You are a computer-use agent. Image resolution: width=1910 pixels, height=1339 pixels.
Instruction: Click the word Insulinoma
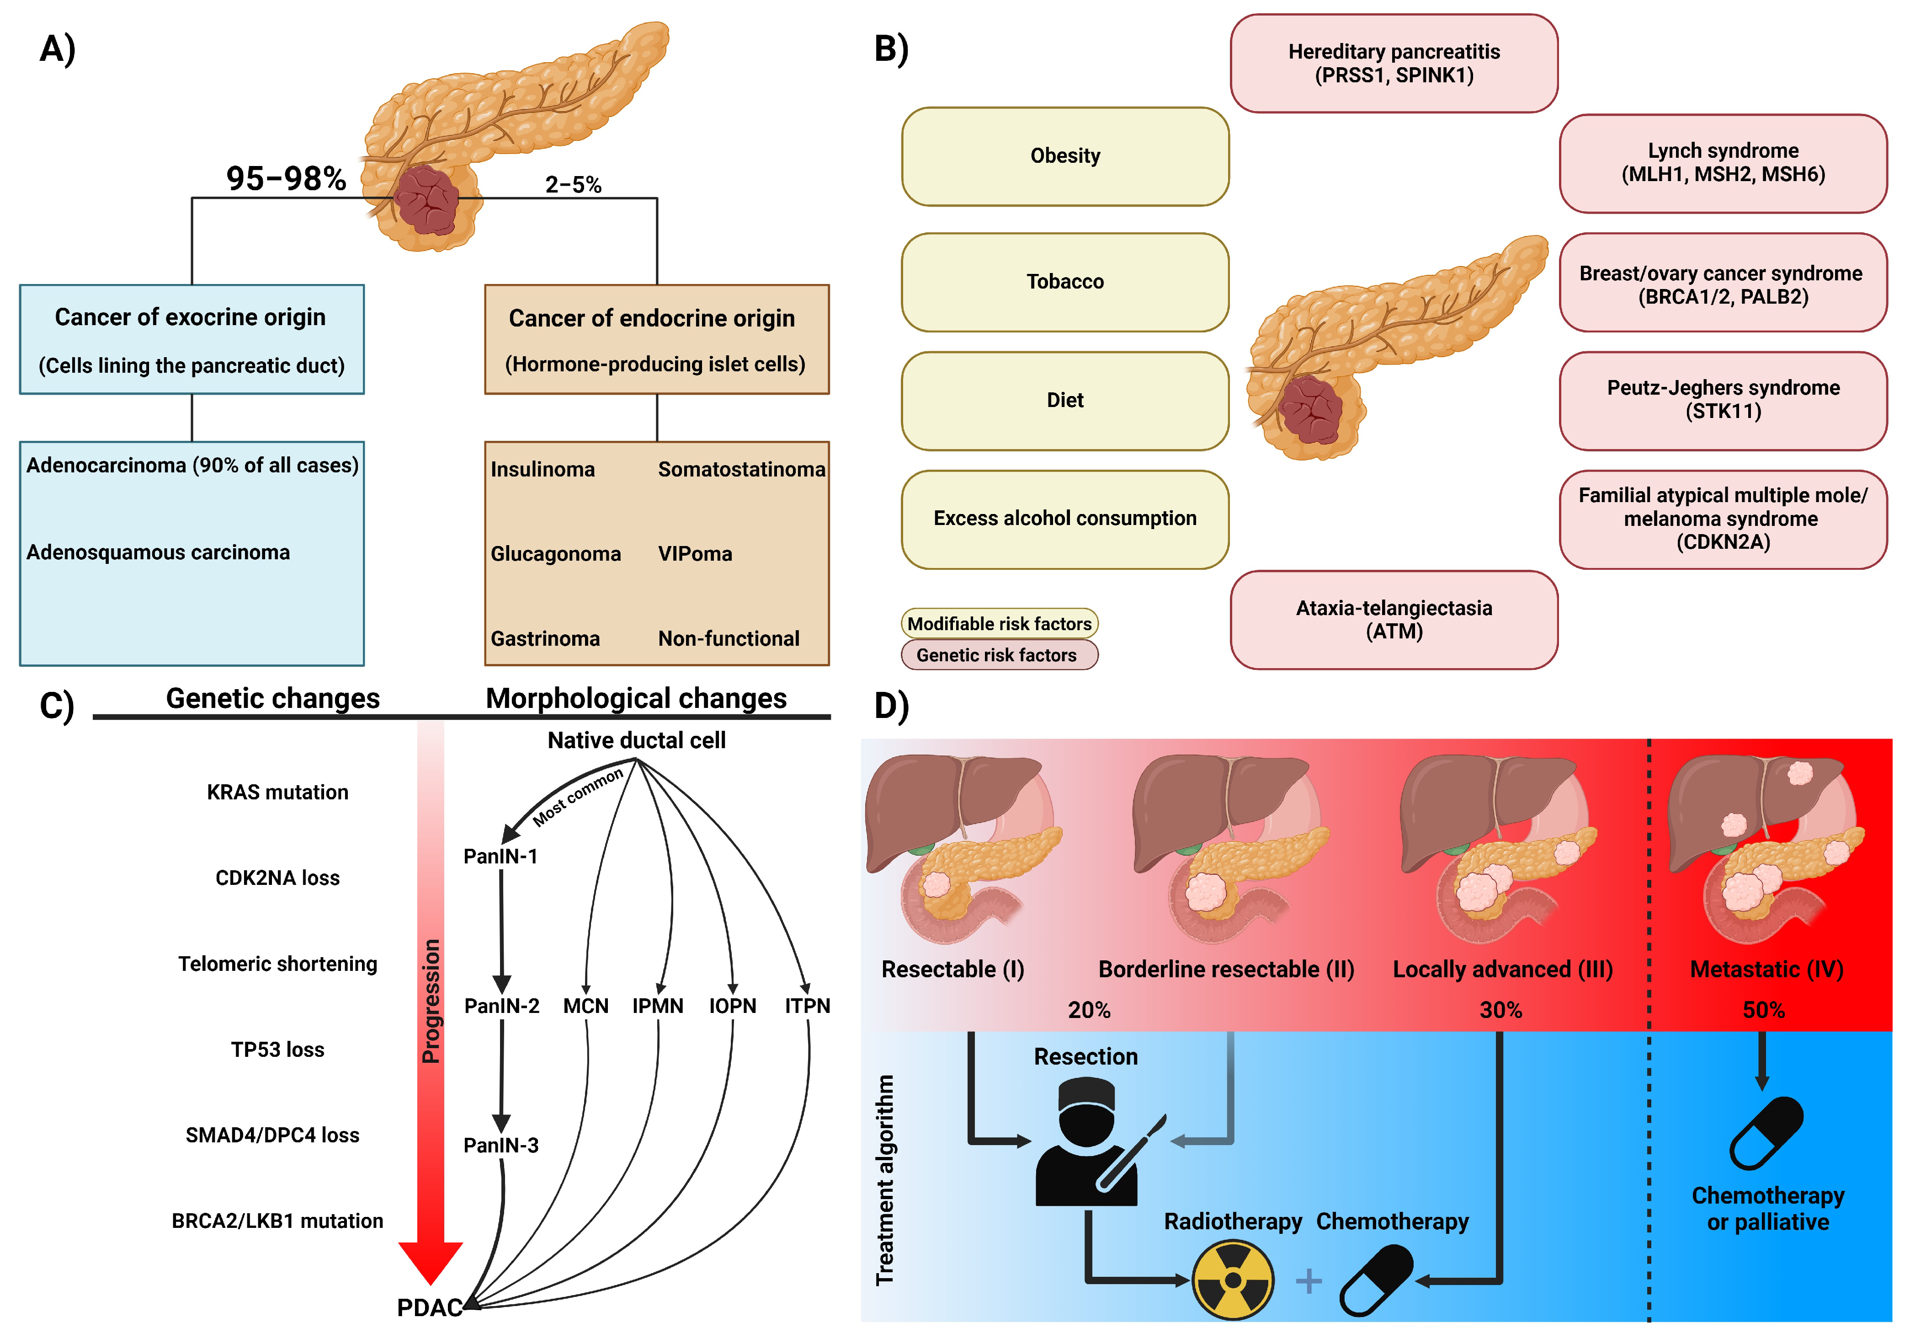click(543, 469)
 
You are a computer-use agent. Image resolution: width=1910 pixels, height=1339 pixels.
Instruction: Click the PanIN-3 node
click(501, 1145)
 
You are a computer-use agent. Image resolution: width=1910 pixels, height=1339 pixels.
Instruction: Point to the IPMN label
click(657, 1006)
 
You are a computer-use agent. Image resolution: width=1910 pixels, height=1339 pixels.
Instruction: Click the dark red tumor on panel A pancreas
click(426, 200)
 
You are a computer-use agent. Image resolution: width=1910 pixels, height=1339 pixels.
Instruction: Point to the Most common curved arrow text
click(577, 797)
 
